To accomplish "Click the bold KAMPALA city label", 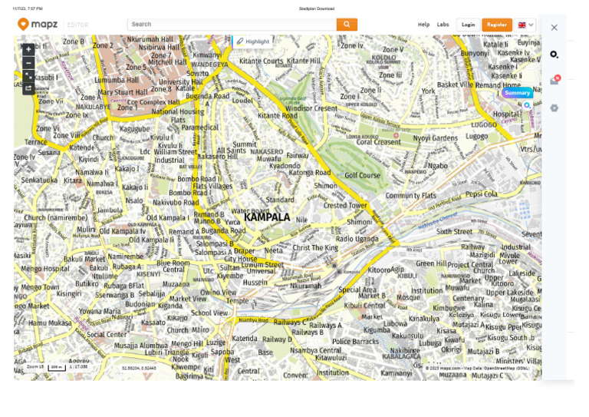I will pos(267,217).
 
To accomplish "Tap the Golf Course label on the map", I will pos(362,175).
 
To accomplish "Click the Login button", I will pos(468,25).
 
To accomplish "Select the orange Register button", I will pos(497,25).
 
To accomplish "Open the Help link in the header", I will pos(423,25).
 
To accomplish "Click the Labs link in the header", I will pos(443,25).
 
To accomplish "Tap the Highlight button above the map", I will pos(253,41).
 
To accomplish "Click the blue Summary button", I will pos(517,93).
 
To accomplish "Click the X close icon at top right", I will pos(554,28).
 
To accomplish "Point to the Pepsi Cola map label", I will pos(482,194).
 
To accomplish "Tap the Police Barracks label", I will pos(355,342).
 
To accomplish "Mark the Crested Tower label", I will pos(346,206).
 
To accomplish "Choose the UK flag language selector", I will pos(525,25).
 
